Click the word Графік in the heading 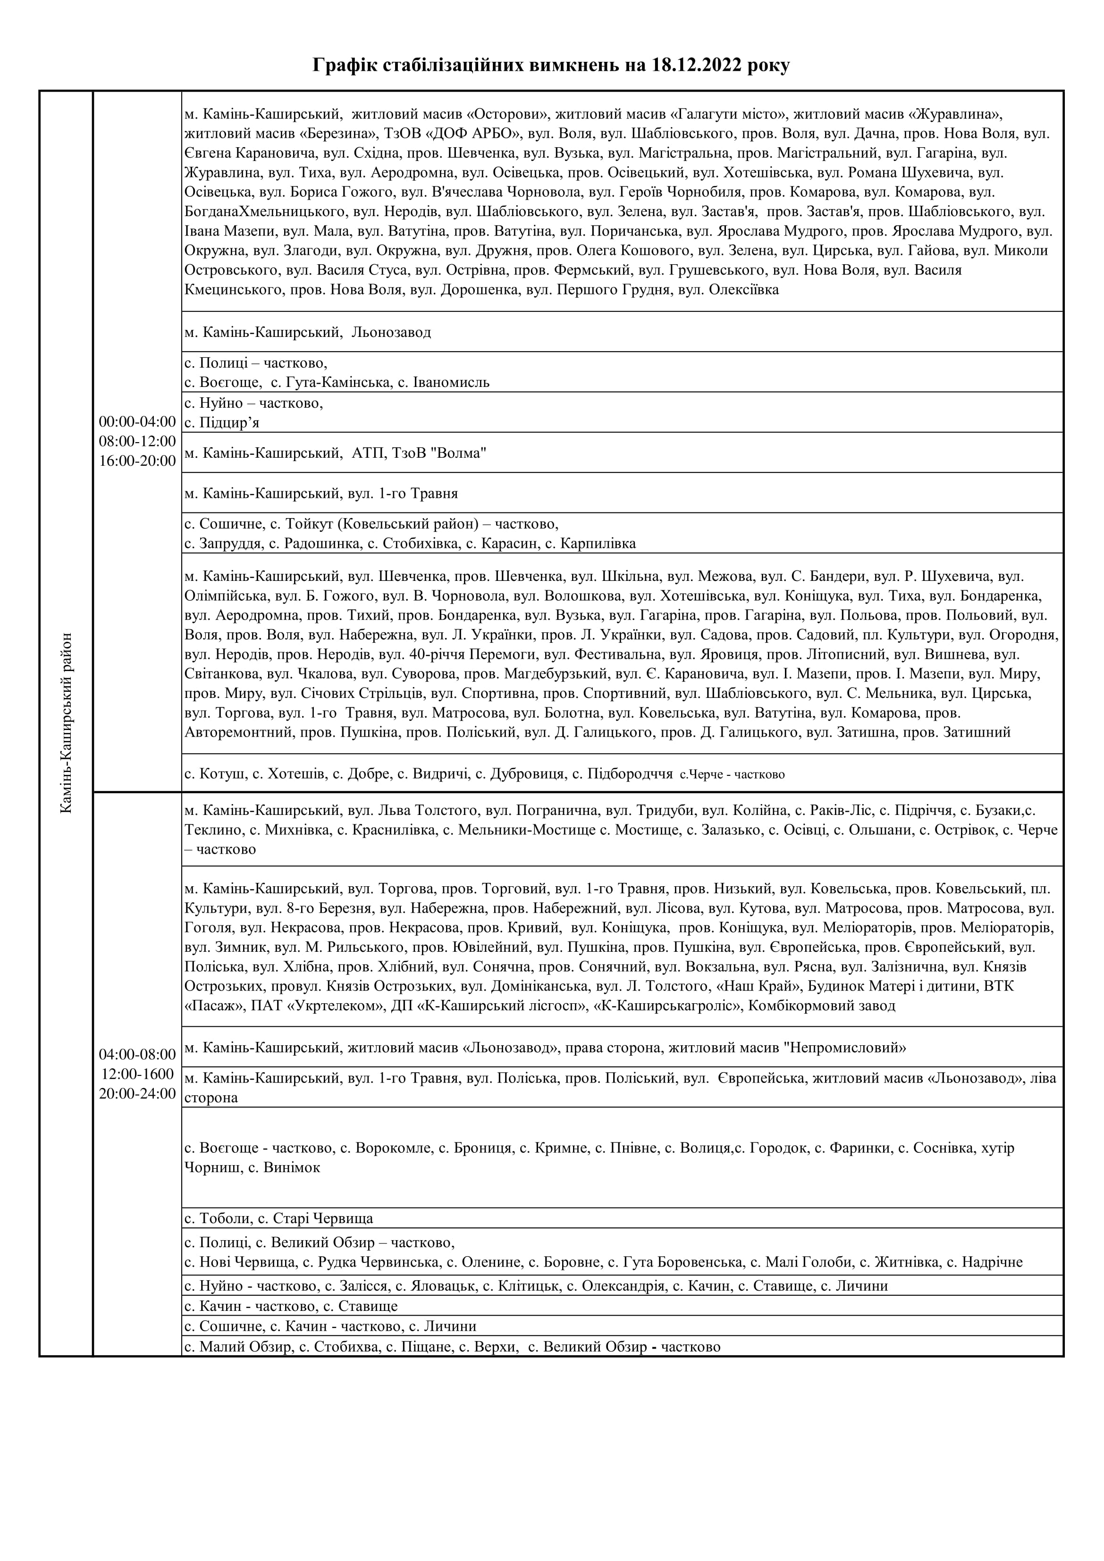click(x=344, y=66)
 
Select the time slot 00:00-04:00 click(x=137, y=421)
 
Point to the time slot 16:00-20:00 click(x=137, y=461)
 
